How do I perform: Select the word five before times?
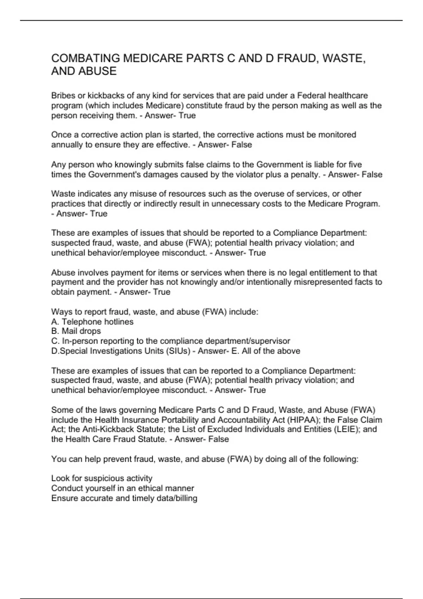[x=355, y=165]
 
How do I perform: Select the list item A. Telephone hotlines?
[x=92, y=322]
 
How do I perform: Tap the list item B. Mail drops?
[x=76, y=331]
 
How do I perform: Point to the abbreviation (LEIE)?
[x=341, y=430]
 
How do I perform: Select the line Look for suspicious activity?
[x=102, y=478]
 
